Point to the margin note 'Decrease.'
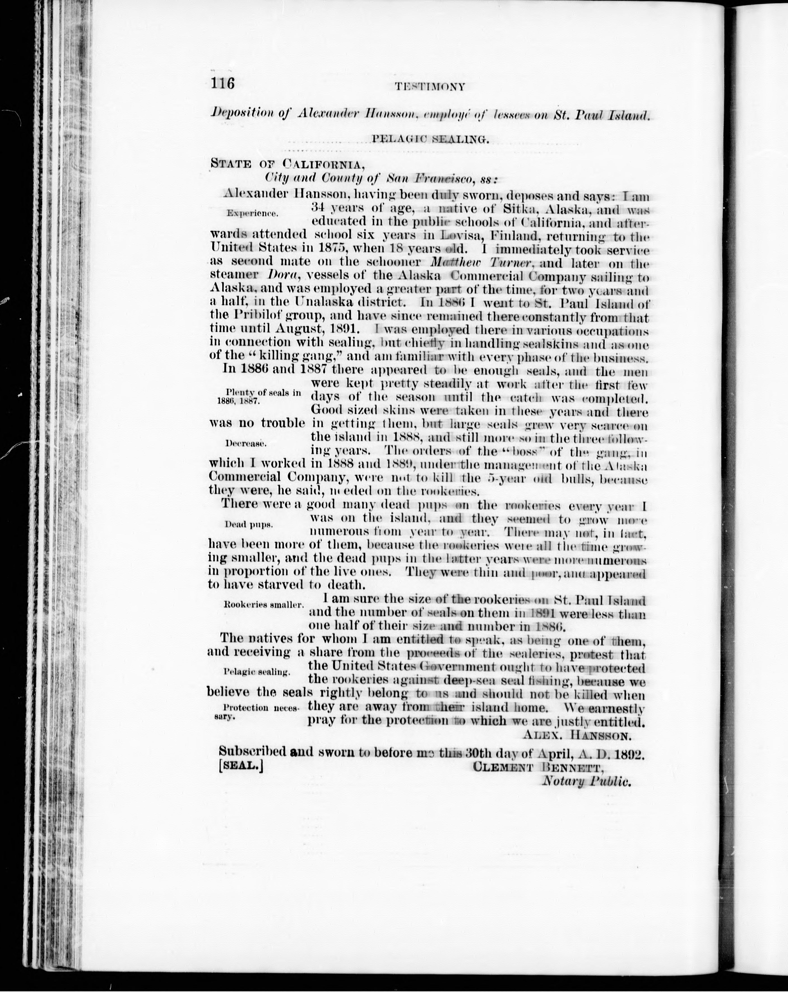[246, 444]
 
